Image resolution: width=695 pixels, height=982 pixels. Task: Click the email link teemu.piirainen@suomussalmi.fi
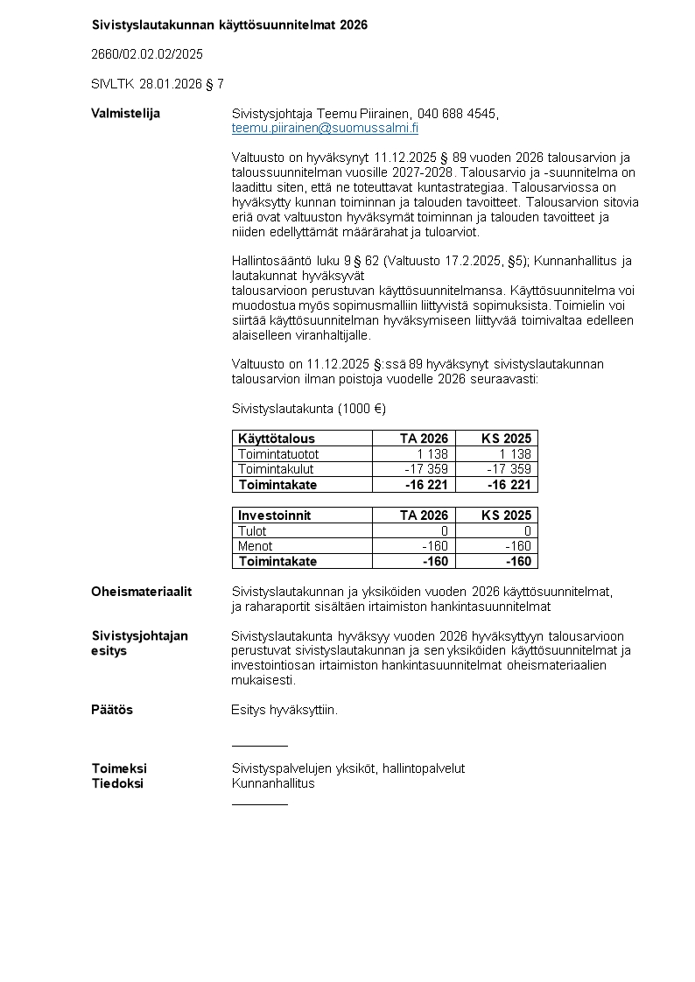(325, 128)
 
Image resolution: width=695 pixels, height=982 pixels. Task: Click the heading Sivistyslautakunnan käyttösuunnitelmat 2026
(229, 25)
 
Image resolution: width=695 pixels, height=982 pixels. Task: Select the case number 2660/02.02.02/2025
(147, 54)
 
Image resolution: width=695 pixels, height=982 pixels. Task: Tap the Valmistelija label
(125, 114)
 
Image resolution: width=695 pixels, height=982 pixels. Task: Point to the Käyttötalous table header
(277, 438)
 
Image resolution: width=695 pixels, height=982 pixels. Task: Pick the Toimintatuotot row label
(278, 454)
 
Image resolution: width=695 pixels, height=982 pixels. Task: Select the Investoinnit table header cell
(274, 516)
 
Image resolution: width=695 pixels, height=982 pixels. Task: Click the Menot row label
(256, 546)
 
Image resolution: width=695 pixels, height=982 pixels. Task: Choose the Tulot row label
(252, 531)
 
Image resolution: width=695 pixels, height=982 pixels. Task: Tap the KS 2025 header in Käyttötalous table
(506, 438)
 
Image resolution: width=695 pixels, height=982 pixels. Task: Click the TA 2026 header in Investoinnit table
(424, 516)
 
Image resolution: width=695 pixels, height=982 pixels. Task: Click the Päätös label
(112, 710)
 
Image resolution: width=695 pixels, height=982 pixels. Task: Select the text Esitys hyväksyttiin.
(284, 710)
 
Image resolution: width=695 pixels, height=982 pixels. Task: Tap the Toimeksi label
(119, 768)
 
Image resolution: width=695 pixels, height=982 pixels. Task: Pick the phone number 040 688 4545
(456, 114)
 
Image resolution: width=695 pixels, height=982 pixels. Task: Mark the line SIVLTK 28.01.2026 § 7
(157, 84)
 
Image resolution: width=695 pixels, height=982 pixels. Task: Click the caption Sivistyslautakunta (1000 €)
(308, 409)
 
